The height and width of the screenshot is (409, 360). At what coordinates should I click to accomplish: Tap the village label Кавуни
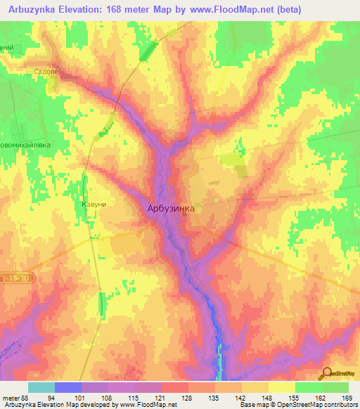(94, 204)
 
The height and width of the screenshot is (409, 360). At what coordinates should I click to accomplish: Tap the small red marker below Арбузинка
(185, 216)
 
